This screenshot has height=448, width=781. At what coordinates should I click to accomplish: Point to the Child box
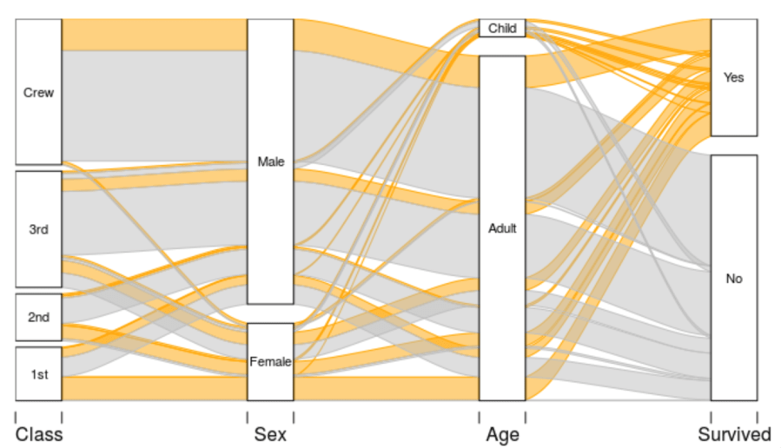tap(502, 29)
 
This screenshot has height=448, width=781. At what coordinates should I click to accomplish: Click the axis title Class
tap(38, 433)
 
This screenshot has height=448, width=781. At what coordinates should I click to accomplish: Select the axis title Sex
tap(270, 433)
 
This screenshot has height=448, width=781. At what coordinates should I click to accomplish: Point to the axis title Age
tap(502, 433)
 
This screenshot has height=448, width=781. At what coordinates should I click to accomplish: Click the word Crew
tap(38, 93)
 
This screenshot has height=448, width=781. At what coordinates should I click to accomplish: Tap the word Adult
tap(502, 229)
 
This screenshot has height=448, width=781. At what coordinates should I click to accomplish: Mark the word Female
tap(270, 362)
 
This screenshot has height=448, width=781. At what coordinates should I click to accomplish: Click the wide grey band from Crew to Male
tap(155, 104)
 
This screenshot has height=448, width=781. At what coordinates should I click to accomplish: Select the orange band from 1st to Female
tap(155, 388)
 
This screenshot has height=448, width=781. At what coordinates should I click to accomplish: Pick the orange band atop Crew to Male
tap(155, 34)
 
